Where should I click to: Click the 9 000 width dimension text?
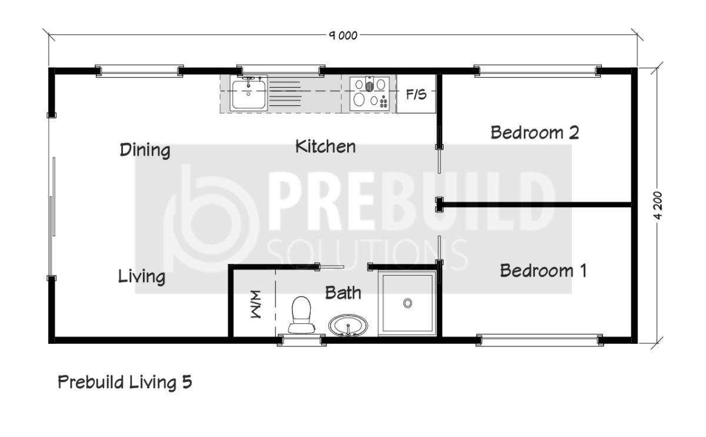(x=343, y=35)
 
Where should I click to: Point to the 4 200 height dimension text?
(x=658, y=205)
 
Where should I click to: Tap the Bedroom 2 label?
(x=535, y=133)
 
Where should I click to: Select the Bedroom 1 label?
(x=543, y=271)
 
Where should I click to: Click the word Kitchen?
(x=325, y=147)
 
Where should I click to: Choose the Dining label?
(x=145, y=150)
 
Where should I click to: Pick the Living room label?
(x=142, y=277)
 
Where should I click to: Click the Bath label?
(x=343, y=293)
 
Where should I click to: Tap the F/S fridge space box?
(x=416, y=94)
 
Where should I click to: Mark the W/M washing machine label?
(x=256, y=304)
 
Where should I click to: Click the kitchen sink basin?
(x=249, y=94)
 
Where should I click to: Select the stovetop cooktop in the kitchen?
(x=369, y=94)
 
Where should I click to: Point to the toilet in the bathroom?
(x=301, y=315)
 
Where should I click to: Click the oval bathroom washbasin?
(x=348, y=325)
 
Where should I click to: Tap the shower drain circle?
(x=408, y=303)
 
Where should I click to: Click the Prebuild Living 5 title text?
(x=125, y=382)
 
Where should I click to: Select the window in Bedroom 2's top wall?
(x=537, y=71)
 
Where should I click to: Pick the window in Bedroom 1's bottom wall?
(x=540, y=340)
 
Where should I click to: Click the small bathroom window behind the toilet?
(x=302, y=340)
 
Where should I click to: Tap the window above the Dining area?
(x=139, y=71)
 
